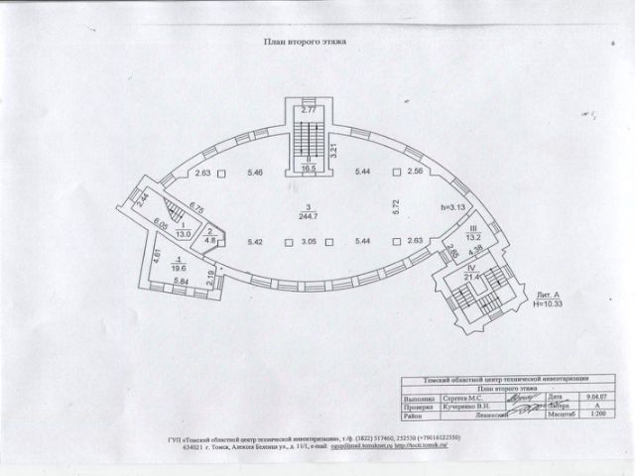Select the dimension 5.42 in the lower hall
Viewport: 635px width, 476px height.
coord(254,241)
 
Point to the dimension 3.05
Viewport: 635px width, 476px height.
coord(309,241)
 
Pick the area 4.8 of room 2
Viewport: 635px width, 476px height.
coord(210,239)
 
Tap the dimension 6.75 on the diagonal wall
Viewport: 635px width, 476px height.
coord(195,209)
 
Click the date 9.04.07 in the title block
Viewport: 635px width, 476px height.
coord(595,395)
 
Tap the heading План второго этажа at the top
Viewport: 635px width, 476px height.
coord(304,43)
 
